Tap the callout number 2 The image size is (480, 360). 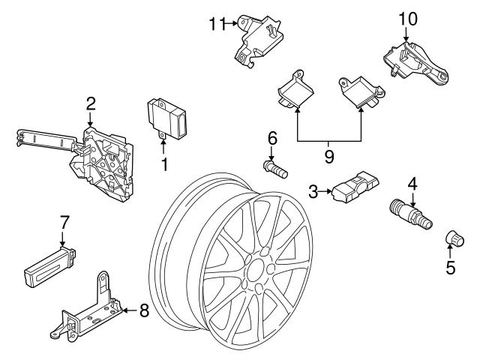click(x=90, y=103)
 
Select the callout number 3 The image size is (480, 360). click(x=313, y=193)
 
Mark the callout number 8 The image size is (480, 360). click(x=144, y=310)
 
